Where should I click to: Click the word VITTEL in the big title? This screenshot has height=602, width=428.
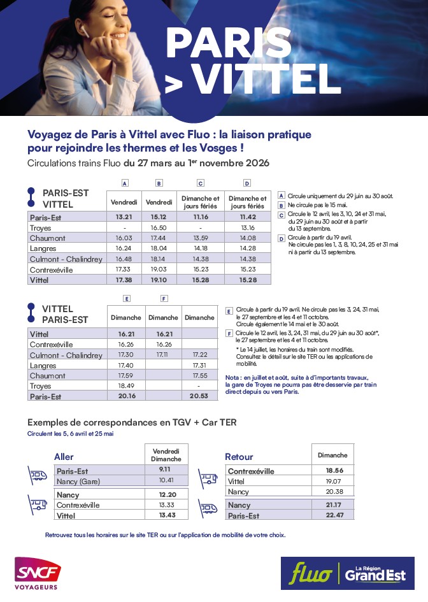266,79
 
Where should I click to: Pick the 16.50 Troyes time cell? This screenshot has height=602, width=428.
159,227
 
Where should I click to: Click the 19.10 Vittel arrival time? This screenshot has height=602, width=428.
159,280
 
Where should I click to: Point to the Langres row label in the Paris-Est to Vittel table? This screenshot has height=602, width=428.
43,248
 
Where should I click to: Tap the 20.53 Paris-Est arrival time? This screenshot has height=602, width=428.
199,396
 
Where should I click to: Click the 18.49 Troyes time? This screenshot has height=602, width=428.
125,386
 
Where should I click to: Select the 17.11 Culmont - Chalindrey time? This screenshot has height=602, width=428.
163,355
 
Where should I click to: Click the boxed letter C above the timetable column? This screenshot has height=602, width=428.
200,183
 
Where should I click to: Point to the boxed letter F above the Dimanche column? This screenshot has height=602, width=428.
164,298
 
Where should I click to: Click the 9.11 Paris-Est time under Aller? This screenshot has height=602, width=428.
166,470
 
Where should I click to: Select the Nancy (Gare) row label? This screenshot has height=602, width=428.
78,481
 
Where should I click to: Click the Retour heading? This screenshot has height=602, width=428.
239,457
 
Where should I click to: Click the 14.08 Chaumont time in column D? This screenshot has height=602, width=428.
247,238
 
